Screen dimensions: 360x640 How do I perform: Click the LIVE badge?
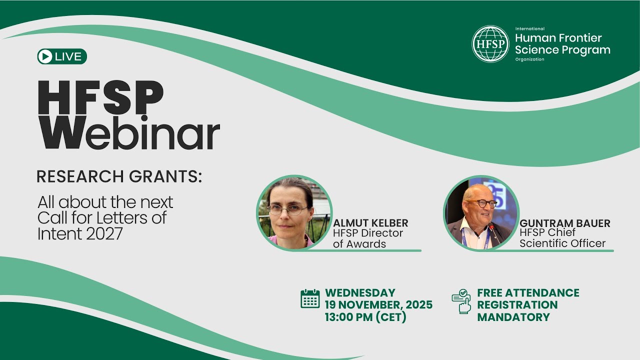(x=62, y=56)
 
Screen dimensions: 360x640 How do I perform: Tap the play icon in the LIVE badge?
(x=45, y=56)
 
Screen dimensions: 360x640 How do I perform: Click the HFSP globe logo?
(x=490, y=44)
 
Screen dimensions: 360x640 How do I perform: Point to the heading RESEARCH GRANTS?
(x=119, y=176)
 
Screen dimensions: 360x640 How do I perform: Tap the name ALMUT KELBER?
(x=370, y=223)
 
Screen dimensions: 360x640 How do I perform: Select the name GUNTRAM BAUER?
(x=565, y=223)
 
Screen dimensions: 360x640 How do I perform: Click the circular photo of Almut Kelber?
(x=294, y=212)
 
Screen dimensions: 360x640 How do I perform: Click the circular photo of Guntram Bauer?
(x=480, y=212)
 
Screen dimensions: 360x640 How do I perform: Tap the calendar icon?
(x=310, y=298)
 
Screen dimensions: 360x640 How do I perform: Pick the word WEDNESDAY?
(x=360, y=292)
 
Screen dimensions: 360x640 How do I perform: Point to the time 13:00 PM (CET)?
(x=365, y=317)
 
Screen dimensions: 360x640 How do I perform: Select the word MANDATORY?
(x=513, y=317)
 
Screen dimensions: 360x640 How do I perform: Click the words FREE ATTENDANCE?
(x=528, y=292)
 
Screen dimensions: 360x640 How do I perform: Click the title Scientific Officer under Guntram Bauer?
(x=562, y=243)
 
